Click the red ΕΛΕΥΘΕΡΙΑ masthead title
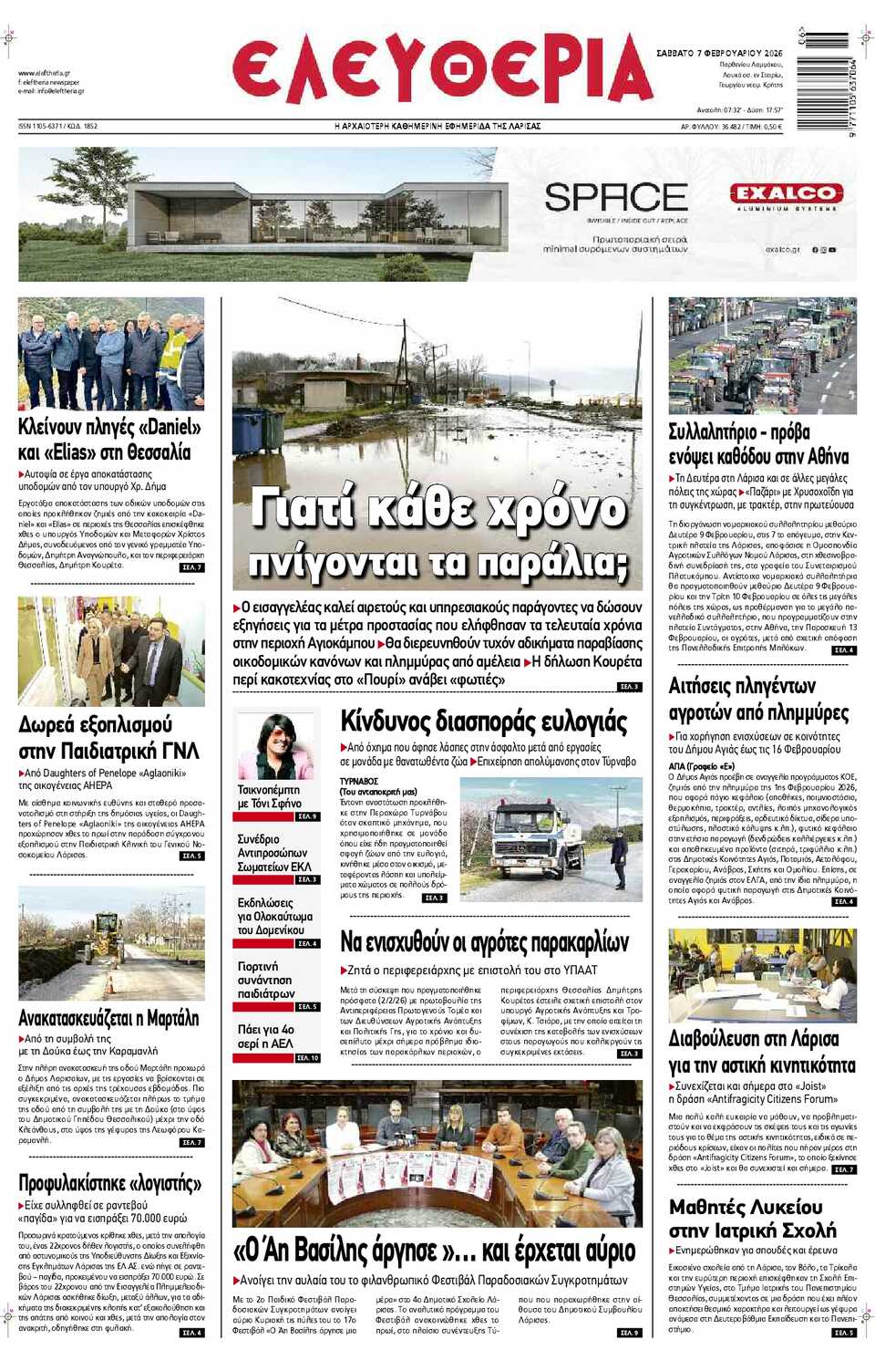[442, 69]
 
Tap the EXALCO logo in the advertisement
[786, 193]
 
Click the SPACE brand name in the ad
[616, 197]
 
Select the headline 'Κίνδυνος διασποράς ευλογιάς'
[483, 722]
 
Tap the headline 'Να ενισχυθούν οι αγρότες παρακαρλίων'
[484, 941]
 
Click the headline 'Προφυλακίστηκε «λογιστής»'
[109, 1183]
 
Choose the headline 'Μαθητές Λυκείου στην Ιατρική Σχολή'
[752, 1219]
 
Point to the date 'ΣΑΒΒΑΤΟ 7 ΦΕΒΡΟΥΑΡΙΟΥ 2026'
[719, 53]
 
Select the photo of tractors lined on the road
[762, 356]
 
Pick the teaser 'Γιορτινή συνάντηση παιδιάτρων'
[266, 980]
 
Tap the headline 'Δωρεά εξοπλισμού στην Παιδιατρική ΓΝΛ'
[108, 738]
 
